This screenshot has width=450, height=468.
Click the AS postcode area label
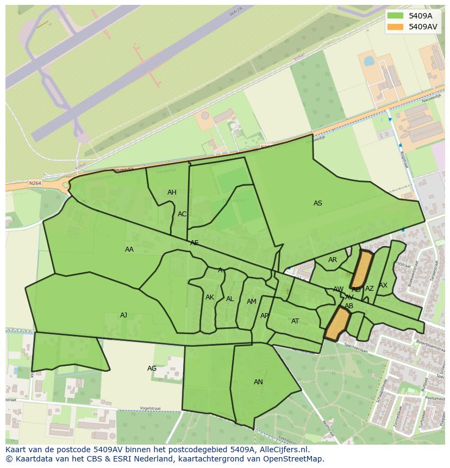point(318,203)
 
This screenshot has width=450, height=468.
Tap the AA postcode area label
point(129,249)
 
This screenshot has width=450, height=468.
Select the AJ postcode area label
point(124,315)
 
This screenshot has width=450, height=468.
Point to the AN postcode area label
point(258,382)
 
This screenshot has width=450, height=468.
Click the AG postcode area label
point(152,369)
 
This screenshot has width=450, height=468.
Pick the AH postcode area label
point(172,192)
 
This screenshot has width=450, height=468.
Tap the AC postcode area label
point(182,214)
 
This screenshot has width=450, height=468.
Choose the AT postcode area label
point(295,321)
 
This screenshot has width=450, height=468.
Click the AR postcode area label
point(333,260)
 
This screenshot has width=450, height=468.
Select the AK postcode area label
point(210,297)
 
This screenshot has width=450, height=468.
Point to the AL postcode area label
point(230,299)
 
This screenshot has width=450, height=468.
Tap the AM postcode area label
point(252,302)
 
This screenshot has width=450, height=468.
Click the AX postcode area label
point(383,285)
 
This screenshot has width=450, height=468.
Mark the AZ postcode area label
point(370,289)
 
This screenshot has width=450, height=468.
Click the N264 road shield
point(35,184)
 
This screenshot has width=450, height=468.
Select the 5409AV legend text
point(423,27)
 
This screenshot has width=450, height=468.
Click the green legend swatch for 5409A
point(396,16)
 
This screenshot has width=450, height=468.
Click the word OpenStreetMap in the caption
point(296,459)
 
